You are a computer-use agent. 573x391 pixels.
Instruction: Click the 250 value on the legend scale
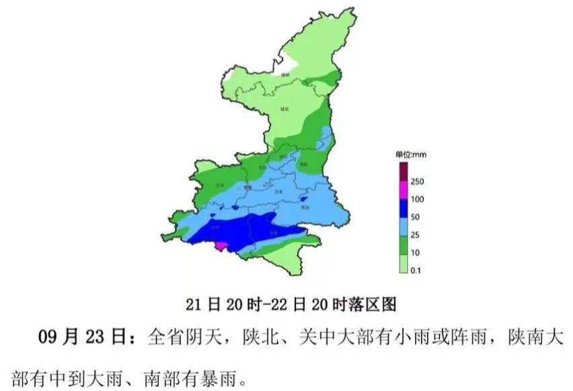(417, 181)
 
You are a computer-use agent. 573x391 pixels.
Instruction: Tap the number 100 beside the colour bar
(417, 200)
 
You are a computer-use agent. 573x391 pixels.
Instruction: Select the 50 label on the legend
(415, 218)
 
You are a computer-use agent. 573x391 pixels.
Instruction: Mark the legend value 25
(415, 236)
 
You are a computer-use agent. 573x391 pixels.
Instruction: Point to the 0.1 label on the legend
(416, 271)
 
